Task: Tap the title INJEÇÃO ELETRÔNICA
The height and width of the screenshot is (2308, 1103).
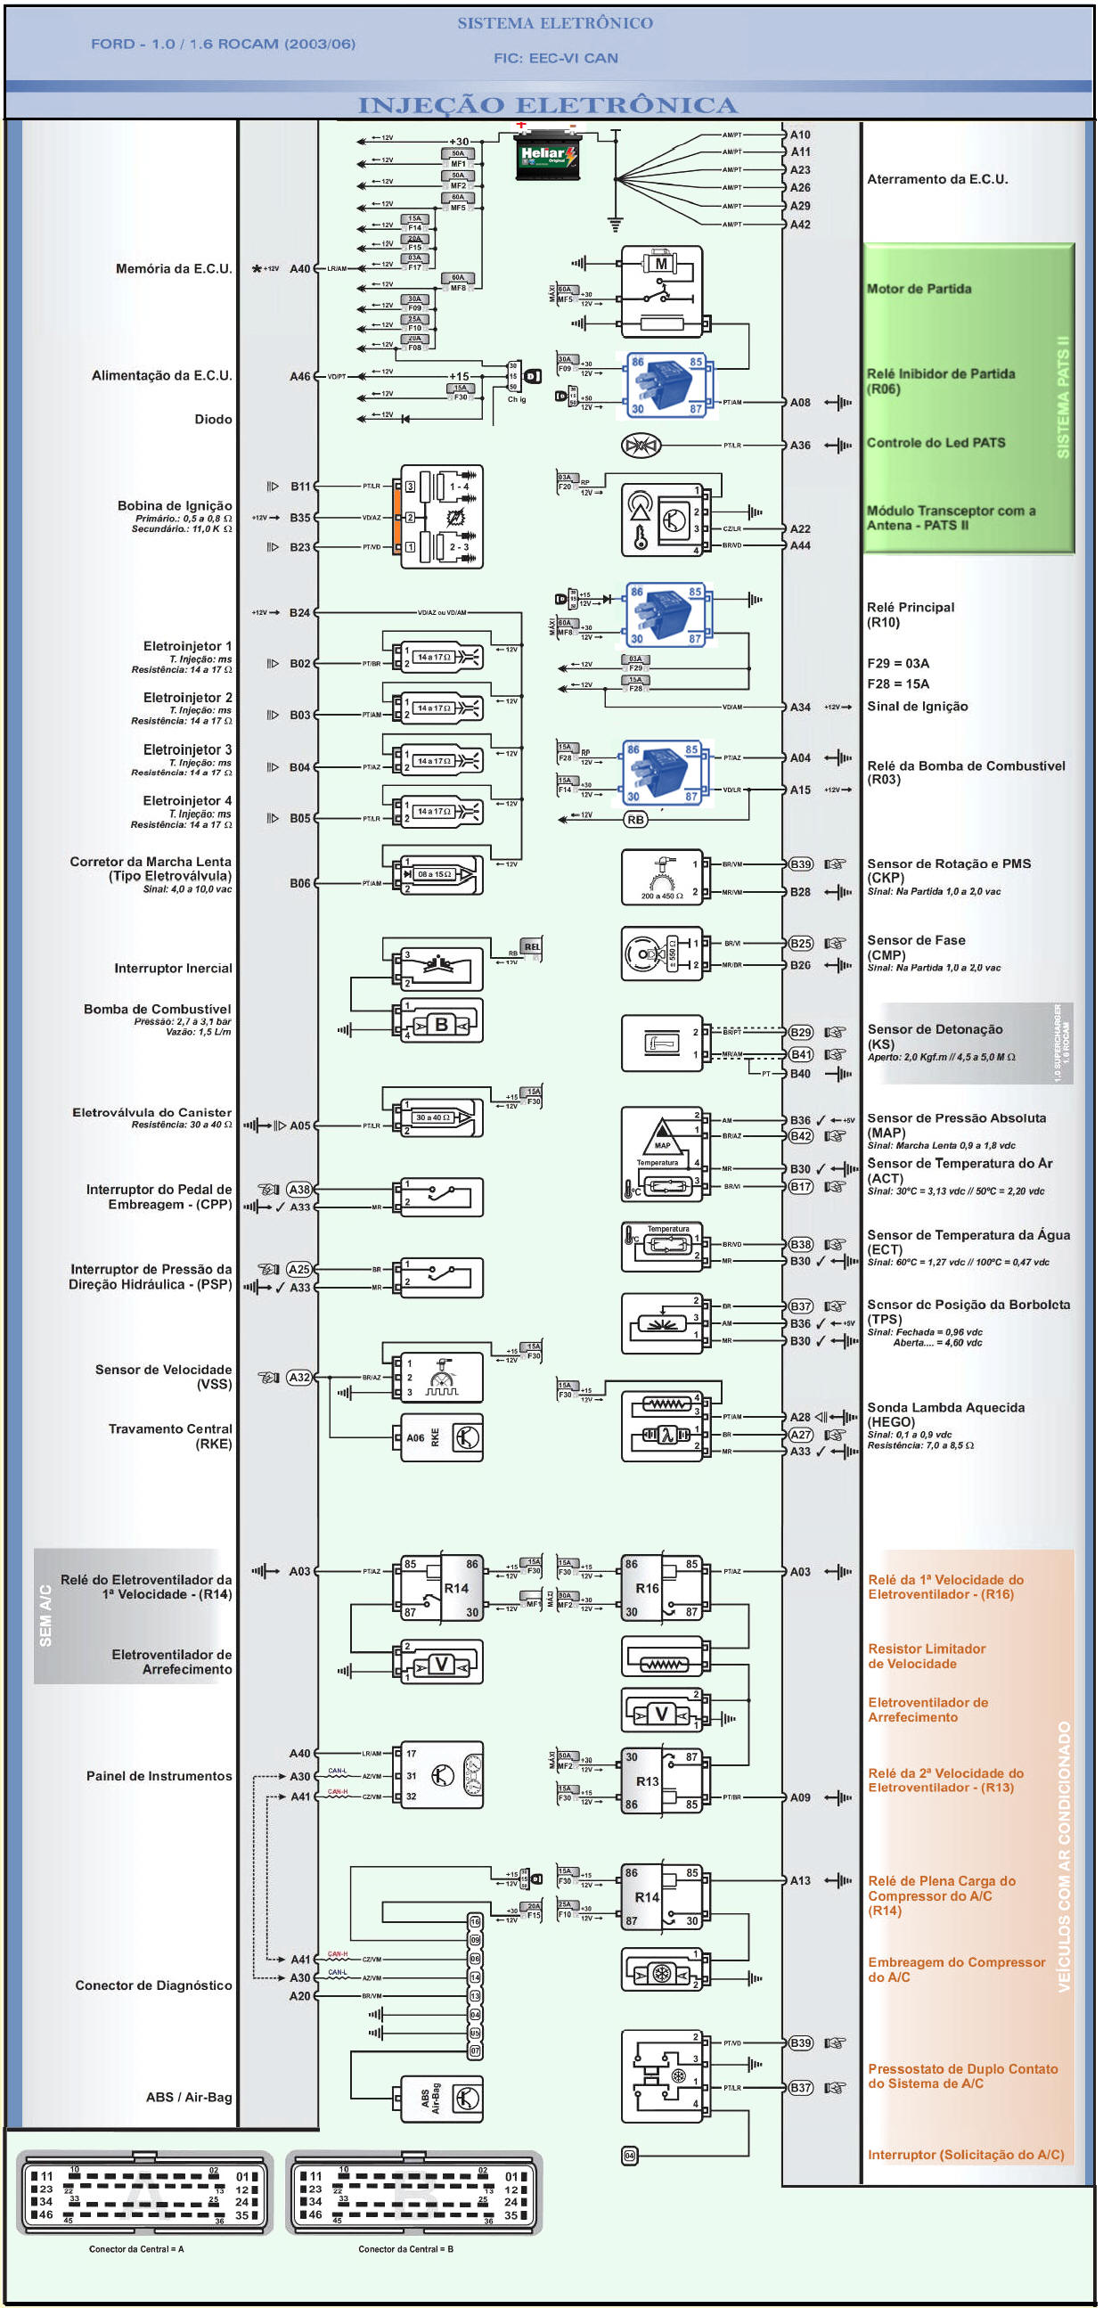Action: click(547, 105)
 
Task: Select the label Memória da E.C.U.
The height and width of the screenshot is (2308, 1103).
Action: click(174, 269)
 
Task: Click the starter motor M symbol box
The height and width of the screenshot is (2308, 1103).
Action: click(661, 264)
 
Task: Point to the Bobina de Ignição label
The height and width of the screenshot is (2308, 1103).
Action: click(175, 506)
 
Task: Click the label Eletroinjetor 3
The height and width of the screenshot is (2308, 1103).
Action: click(187, 750)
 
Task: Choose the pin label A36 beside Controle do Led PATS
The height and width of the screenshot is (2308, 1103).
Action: click(800, 446)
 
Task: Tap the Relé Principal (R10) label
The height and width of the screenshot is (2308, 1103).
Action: click(911, 615)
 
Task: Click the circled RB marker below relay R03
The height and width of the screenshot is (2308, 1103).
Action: click(635, 820)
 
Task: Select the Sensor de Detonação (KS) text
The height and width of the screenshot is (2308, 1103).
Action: click(935, 1036)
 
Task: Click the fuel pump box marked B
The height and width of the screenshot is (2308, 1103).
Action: click(441, 1024)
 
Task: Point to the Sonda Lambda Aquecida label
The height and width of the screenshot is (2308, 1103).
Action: click(945, 1414)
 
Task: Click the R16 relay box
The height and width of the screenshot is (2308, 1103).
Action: click(661, 1589)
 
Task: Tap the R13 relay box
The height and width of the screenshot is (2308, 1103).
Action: click(661, 1781)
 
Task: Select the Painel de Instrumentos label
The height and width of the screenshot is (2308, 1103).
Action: click(159, 1776)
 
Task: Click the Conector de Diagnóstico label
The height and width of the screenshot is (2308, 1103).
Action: click(153, 1985)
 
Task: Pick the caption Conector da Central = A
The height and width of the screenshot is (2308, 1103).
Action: click(136, 2249)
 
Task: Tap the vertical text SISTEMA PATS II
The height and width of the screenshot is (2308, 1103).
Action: click(1063, 397)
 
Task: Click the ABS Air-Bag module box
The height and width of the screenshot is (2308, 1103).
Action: click(441, 2098)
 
